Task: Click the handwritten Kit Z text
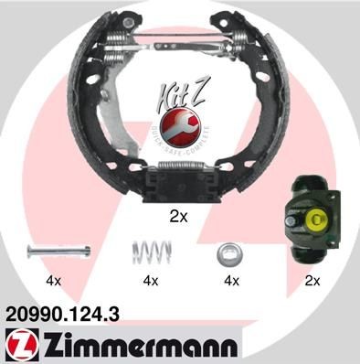(x=188, y=95)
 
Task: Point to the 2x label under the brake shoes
(x=179, y=218)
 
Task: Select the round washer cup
(x=227, y=252)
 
